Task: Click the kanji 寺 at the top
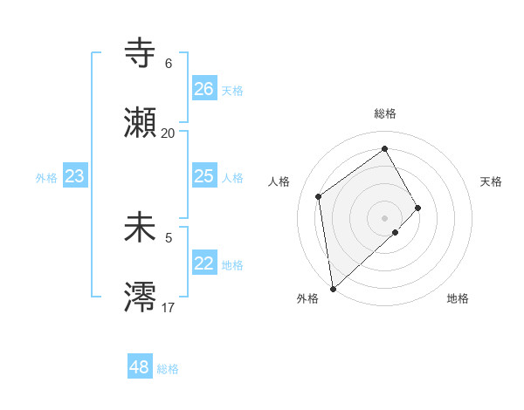coord(141,54)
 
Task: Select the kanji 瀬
coord(141,123)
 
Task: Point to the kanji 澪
coord(141,297)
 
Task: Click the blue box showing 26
coord(203,89)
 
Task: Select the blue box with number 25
coord(203,176)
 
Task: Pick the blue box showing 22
coord(203,263)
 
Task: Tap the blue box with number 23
coord(75,176)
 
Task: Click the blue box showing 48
coord(140,367)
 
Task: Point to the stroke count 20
coord(168,133)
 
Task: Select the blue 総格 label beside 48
coord(168,369)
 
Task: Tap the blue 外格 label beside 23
coord(46,178)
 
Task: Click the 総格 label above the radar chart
coord(384,113)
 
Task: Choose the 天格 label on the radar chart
coord(492,181)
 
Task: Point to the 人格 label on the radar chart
coord(279,181)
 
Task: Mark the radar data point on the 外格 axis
coord(333,288)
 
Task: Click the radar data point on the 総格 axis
coord(385,149)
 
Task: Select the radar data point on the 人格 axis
coord(319,196)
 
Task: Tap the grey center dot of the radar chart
coord(385,217)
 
